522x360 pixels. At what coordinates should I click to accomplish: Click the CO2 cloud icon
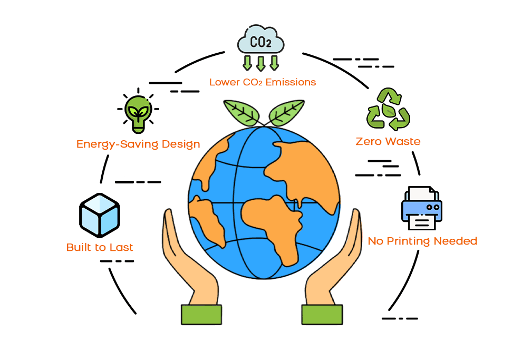point(260,41)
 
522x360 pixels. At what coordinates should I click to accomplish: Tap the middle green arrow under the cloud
point(260,63)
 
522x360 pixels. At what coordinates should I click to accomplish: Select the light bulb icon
point(138,112)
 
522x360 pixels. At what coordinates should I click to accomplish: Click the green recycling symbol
point(389,110)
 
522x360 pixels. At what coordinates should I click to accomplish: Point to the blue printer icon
point(422,208)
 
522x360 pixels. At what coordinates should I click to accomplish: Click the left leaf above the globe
point(241,111)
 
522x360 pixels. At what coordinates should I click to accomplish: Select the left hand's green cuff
point(201,314)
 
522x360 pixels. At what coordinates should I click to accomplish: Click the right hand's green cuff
point(322,314)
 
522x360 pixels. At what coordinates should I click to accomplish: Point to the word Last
point(121,247)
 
